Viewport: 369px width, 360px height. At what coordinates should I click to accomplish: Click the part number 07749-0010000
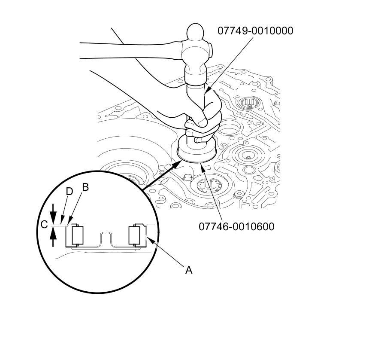[255, 31]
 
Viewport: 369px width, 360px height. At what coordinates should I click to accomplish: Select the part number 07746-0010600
[236, 226]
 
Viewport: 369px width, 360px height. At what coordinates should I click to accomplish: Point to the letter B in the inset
[85, 187]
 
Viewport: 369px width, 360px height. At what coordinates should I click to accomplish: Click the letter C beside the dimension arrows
[43, 225]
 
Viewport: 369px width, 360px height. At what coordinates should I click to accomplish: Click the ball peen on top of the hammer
[198, 33]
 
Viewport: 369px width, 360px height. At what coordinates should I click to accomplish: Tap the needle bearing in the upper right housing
[248, 103]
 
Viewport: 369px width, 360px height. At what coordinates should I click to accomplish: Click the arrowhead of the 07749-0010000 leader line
[206, 92]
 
